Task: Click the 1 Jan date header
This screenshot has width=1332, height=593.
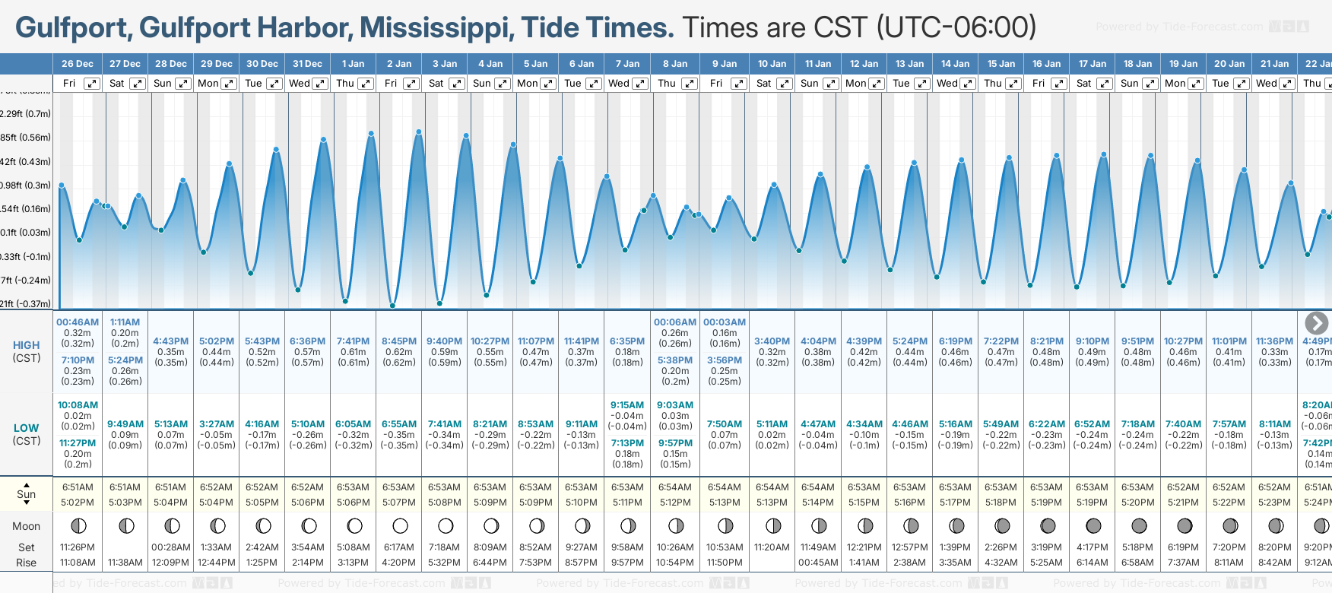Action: [353, 64]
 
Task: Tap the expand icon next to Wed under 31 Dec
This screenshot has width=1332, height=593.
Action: [320, 84]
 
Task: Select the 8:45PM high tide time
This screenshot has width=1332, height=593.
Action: [399, 341]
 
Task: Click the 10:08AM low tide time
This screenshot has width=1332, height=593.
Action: [78, 405]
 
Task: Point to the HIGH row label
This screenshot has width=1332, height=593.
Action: [27, 345]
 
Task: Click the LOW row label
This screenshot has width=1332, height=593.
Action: [27, 428]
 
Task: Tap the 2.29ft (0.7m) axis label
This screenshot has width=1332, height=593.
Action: [26, 114]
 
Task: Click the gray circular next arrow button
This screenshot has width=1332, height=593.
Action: [1316, 323]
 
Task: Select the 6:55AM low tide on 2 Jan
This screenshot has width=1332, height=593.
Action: [399, 424]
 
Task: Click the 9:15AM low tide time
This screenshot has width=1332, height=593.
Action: [627, 405]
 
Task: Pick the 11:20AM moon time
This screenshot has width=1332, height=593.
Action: [772, 547]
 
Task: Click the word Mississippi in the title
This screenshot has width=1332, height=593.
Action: [433, 28]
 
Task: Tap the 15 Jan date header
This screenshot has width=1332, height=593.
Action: [1001, 64]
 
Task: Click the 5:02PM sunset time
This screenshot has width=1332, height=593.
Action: [78, 503]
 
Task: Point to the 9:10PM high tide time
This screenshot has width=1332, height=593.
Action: [1092, 341]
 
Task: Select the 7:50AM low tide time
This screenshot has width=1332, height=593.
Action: [725, 424]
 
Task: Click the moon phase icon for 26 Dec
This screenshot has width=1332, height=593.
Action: [78, 525]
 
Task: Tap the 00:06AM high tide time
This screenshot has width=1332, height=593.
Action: [675, 322]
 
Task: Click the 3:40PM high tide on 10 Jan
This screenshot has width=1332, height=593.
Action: [772, 341]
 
